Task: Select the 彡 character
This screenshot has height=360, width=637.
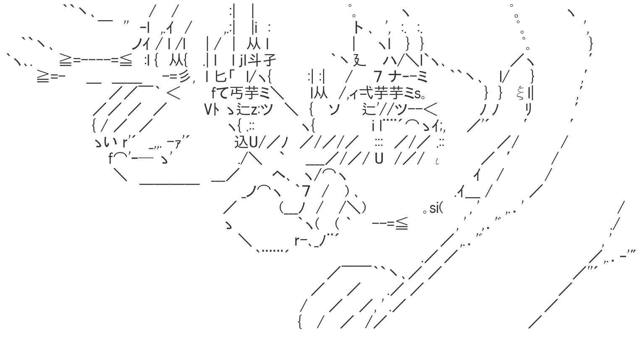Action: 184,77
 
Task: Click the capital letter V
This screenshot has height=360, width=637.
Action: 208,110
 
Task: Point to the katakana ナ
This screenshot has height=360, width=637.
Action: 396,77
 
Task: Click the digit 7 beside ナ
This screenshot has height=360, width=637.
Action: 377,77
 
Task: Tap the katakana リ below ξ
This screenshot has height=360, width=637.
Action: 528,110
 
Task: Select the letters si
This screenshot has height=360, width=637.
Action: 434,208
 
